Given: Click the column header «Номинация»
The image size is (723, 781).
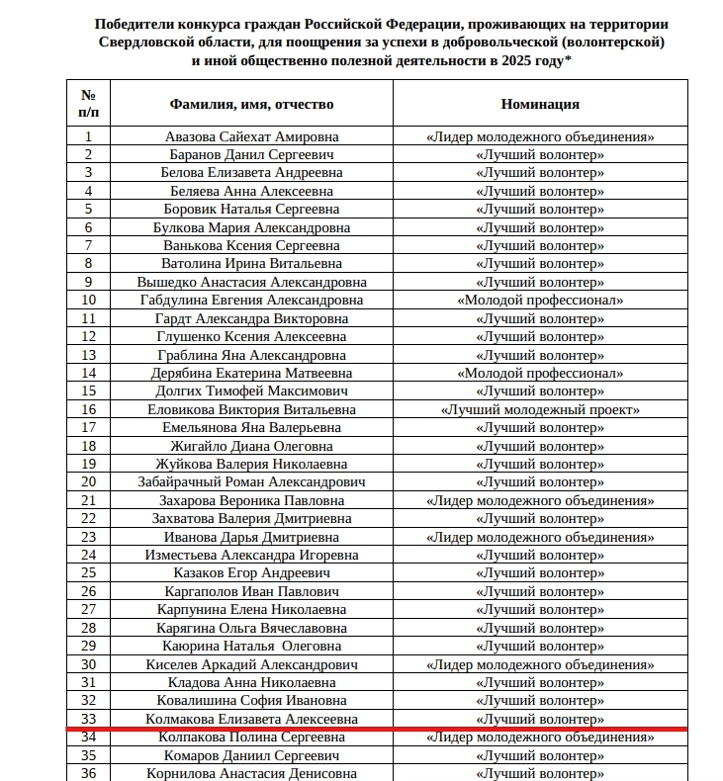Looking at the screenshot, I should point(540,104).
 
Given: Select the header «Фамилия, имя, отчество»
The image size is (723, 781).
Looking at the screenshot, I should point(251,104).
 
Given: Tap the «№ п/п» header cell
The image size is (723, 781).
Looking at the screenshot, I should point(89,104).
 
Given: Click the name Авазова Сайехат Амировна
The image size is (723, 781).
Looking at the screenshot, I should point(251,136).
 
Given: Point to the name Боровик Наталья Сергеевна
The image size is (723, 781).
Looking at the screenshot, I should point(251,209).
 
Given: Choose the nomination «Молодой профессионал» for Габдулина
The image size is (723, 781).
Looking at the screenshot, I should point(540,301).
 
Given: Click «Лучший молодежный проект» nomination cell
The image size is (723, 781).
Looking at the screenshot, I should point(540,409).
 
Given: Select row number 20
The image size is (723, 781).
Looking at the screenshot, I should point(89,482).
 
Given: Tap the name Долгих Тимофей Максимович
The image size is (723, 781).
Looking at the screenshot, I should point(251,391).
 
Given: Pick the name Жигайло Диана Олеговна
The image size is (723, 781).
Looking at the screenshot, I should point(251,446).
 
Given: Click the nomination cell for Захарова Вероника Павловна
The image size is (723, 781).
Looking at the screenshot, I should point(540,500).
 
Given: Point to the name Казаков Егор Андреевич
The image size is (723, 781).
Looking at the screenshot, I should point(251,573).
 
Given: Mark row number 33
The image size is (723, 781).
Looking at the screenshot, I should point(89,720).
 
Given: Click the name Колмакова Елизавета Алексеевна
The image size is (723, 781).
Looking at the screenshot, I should point(251,720).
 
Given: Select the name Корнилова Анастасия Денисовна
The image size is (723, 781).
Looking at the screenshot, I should point(251,773).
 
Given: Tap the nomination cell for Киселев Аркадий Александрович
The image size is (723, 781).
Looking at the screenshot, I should point(540,664).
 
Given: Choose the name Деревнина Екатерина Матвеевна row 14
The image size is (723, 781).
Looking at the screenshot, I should point(251,374).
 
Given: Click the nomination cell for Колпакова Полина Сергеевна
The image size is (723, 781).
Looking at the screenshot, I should point(540,738).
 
